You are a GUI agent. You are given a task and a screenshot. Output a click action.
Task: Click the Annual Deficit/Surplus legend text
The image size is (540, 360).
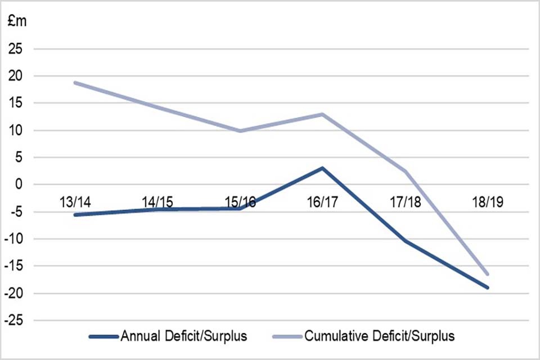(x=183, y=337)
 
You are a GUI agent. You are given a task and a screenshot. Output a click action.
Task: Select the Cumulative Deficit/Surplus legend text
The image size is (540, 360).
(x=380, y=337)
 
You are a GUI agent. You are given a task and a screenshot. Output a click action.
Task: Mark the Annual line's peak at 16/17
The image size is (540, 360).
(x=323, y=168)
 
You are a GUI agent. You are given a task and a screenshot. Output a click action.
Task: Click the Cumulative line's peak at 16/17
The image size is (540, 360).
(x=323, y=114)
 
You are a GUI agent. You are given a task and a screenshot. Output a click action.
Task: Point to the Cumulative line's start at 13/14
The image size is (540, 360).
(x=75, y=83)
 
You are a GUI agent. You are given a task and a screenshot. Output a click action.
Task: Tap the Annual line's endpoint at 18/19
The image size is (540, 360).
(x=487, y=287)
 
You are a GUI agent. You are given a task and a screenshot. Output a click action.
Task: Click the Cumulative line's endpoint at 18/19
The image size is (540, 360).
(x=487, y=274)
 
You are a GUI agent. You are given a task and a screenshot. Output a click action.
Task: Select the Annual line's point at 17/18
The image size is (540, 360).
(x=405, y=241)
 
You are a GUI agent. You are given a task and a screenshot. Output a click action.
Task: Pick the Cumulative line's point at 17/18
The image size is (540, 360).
(x=405, y=171)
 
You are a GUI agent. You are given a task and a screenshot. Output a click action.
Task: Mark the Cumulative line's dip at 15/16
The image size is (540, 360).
(x=241, y=130)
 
